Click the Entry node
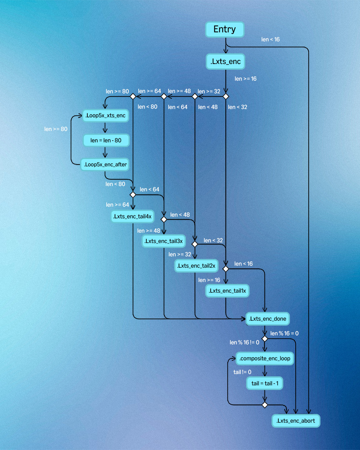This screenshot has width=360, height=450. pos(225,29)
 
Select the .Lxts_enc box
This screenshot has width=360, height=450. pos(226,62)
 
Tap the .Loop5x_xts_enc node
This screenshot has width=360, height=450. pos(105,116)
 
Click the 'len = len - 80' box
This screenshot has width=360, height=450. pos(106,140)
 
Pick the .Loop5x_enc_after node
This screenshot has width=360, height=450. pos(105,164)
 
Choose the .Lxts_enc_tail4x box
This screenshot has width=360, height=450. pos(133,216)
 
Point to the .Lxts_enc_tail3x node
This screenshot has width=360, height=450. pos(164,241)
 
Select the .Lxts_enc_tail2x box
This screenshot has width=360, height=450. pos(196,266)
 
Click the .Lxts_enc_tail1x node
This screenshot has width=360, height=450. pos(227,291)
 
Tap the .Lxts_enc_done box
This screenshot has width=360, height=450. pos(268,319)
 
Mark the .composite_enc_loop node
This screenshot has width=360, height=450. pos(265,358)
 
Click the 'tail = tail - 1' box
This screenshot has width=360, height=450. pos(265,383)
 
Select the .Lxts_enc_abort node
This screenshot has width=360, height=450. pos(296,421)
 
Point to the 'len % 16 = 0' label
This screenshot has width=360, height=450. pos(284,333)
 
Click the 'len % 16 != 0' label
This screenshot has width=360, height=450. pos(244,342)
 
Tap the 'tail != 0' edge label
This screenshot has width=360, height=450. pos(242,372)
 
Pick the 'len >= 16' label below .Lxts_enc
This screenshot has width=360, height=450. pos(245,79)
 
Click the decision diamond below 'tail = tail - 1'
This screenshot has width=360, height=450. pos(265,405)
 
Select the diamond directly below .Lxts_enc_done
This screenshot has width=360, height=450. pos(265,339)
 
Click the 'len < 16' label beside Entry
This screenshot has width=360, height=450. pos(270,39)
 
